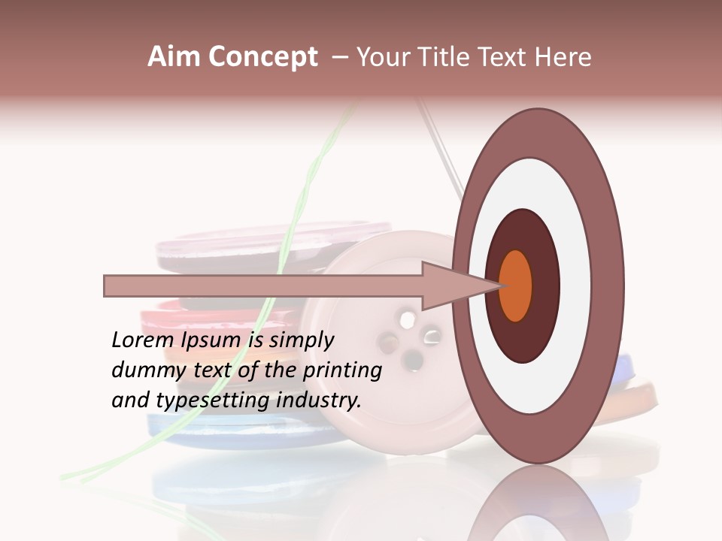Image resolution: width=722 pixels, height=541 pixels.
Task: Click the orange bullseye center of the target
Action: pyautogui.click(x=516, y=286)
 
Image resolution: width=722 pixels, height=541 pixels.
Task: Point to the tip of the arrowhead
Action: pyautogui.click(x=501, y=286)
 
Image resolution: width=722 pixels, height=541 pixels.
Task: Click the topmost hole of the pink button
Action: pyautogui.click(x=407, y=320)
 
